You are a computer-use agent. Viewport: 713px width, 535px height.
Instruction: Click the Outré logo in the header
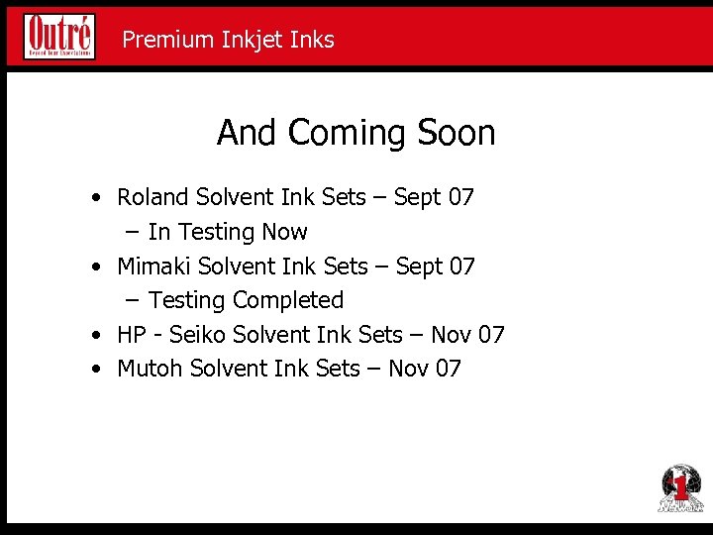click(x=59, y=37)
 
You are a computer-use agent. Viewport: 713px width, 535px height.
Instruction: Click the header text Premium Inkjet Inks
click(x=228, y=40)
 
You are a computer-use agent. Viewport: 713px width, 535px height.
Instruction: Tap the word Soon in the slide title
click(x=457, y=133)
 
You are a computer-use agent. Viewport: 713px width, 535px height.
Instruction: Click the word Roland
click(x=153, y=197)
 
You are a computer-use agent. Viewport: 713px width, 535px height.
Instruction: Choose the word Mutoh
click(x=150, y=369)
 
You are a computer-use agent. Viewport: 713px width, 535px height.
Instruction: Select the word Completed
click(x=297, y=300)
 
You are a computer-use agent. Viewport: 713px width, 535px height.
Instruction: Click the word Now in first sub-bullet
click(x=284, y=232)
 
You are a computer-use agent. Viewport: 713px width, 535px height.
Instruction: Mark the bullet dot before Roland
click(x=94, y=198)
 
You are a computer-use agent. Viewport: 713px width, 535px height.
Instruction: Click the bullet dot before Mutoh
click(x=94, y=370)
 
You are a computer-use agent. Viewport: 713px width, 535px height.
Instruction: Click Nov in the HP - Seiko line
click(x=451, y=335)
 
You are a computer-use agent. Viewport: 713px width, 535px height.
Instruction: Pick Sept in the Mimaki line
click(x=418, y=267)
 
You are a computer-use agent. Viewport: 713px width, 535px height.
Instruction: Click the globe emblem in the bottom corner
click(x=680, y=488)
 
